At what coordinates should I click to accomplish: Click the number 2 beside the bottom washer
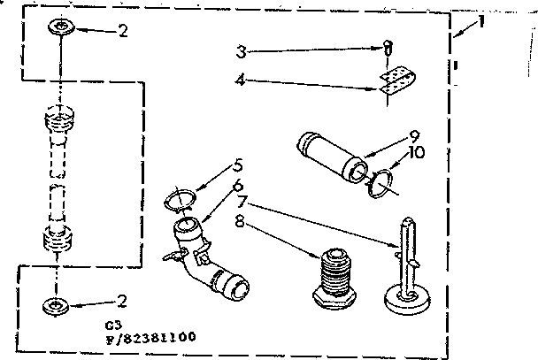point(122,300)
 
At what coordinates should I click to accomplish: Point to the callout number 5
point(238,165)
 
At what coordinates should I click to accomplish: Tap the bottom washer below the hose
point(57,308)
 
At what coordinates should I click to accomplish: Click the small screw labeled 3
point(387,50)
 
